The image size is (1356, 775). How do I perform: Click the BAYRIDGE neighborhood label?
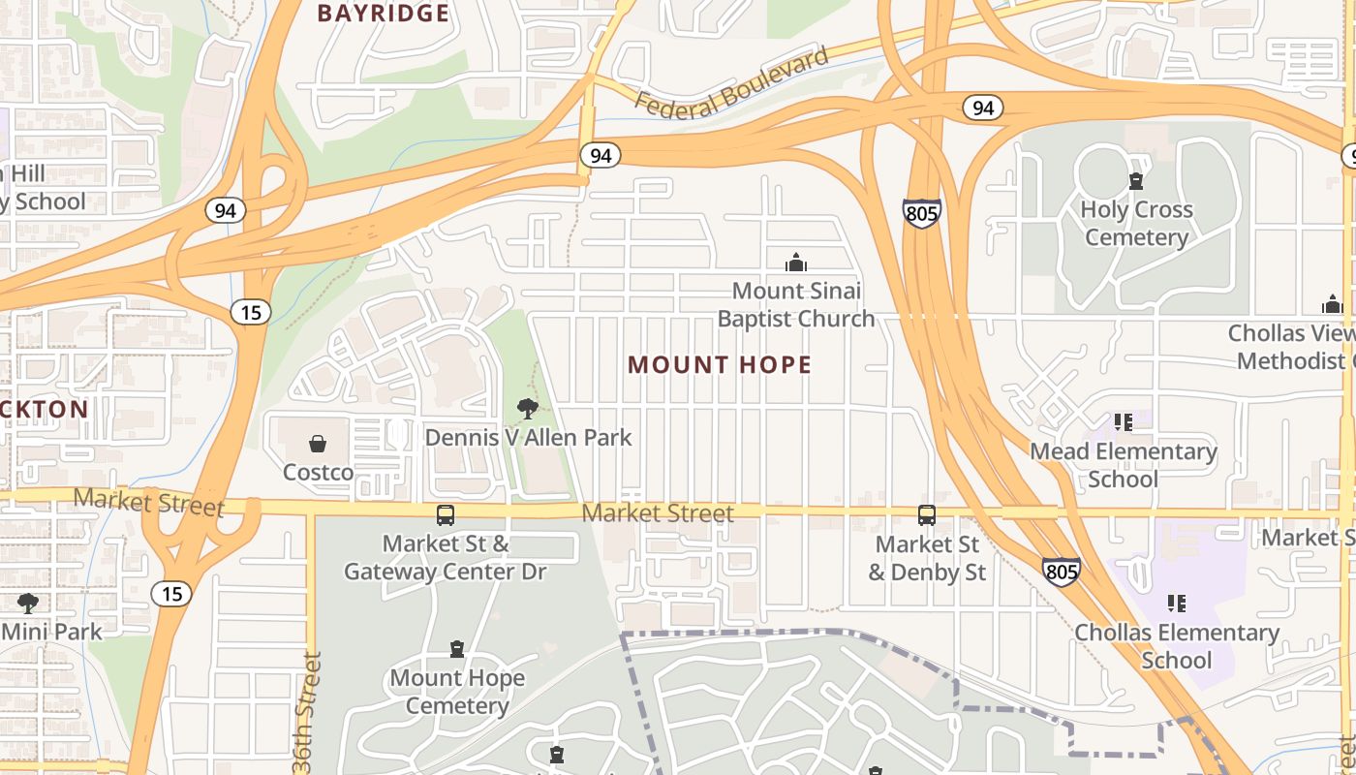[384, 14]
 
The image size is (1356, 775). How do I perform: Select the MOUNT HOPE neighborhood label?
[720, 365]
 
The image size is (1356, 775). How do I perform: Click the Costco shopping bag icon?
[318, 444]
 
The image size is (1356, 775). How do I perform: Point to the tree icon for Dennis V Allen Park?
[528, 409]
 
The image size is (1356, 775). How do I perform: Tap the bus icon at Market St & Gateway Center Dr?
[446, 515]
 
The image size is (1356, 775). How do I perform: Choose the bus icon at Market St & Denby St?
[927, 515]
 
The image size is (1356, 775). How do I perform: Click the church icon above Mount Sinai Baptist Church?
[796, 263]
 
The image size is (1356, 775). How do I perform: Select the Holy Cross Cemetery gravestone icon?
[1136, 181]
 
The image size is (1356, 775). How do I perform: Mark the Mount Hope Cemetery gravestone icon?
[457, 649]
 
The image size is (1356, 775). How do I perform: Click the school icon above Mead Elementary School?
[1123, 422]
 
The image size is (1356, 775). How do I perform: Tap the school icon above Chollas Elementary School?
[1177, 604]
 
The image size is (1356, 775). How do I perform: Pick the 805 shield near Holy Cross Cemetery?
[921, 213]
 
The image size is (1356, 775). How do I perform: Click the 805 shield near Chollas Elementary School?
[1062, 572]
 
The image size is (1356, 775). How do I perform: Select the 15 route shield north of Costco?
[251, 312]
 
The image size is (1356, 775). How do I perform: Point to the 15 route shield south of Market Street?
[172, 594]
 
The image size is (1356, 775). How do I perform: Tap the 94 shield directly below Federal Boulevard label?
[601, 155]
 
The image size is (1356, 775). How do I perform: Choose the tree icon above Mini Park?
[28, 604]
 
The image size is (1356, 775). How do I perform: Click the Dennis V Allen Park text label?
[529, 438]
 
